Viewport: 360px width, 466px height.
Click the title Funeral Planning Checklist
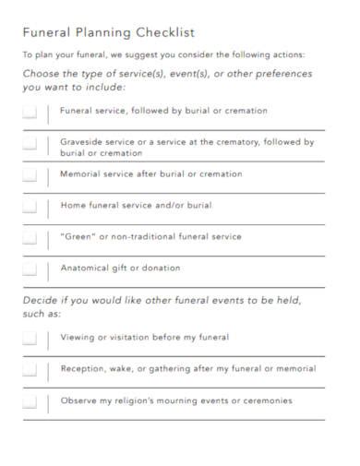109,32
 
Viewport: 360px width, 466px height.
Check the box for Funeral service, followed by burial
30,113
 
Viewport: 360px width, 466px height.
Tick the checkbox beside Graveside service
30,145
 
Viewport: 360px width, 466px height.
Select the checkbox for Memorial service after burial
30,175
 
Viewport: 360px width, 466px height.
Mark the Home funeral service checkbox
30,207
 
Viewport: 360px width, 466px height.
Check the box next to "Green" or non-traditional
30,238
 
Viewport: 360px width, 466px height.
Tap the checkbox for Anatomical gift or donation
30,269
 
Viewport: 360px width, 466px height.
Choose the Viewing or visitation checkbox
30,339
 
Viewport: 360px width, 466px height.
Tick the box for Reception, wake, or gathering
30,370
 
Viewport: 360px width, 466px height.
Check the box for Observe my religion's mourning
30,402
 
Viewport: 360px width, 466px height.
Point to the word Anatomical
85,269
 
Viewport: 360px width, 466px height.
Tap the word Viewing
78,338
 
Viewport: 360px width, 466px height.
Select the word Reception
83,369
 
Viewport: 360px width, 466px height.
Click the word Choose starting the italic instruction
43,74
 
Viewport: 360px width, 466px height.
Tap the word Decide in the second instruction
42,301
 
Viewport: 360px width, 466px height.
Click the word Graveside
83,142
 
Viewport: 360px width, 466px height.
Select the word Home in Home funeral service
73,206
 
